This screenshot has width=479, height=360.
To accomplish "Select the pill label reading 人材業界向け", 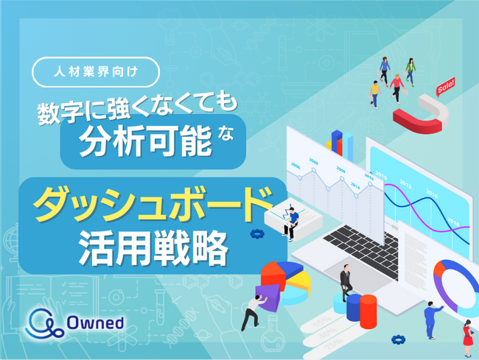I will pos(97,73).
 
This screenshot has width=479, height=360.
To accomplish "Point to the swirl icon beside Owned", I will pos(45,322).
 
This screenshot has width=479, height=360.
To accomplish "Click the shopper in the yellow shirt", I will pos(375,93).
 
